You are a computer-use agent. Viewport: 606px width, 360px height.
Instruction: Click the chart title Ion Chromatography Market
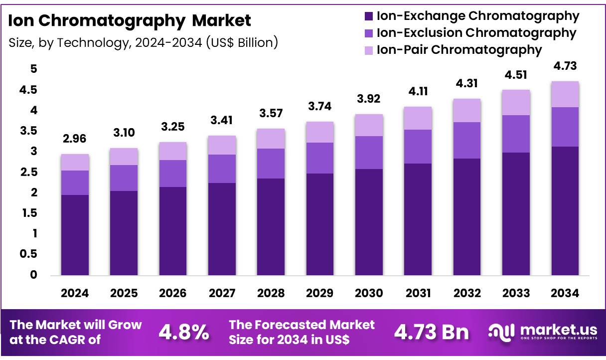click(x=130, y=20)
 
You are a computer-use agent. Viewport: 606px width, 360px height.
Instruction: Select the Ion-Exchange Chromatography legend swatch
click(x=369, y=16)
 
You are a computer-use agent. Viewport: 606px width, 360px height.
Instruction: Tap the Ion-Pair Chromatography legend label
click(x=459, y=49)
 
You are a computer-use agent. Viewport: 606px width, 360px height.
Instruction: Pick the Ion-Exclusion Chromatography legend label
click(x=476, y=33)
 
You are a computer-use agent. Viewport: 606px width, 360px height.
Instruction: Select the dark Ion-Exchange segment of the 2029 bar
click(x=320, y=224)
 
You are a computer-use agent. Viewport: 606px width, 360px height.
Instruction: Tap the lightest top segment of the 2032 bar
click(x=467, y=110)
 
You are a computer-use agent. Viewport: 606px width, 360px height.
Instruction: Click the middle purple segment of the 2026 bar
click(x=173, y=173)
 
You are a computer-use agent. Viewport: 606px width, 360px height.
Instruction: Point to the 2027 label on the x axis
click(x=222, y=293)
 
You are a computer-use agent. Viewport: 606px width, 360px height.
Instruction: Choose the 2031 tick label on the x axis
click(x=418, y=293)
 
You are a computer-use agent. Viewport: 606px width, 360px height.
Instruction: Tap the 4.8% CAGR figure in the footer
click(x=184, y=333)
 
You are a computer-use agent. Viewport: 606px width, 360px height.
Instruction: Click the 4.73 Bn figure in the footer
click(x=432, y=333)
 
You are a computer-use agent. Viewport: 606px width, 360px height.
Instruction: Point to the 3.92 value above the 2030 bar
click(x=369, y=99)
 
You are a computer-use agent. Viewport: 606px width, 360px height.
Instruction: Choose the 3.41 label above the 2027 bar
click(x=222, y=120)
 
